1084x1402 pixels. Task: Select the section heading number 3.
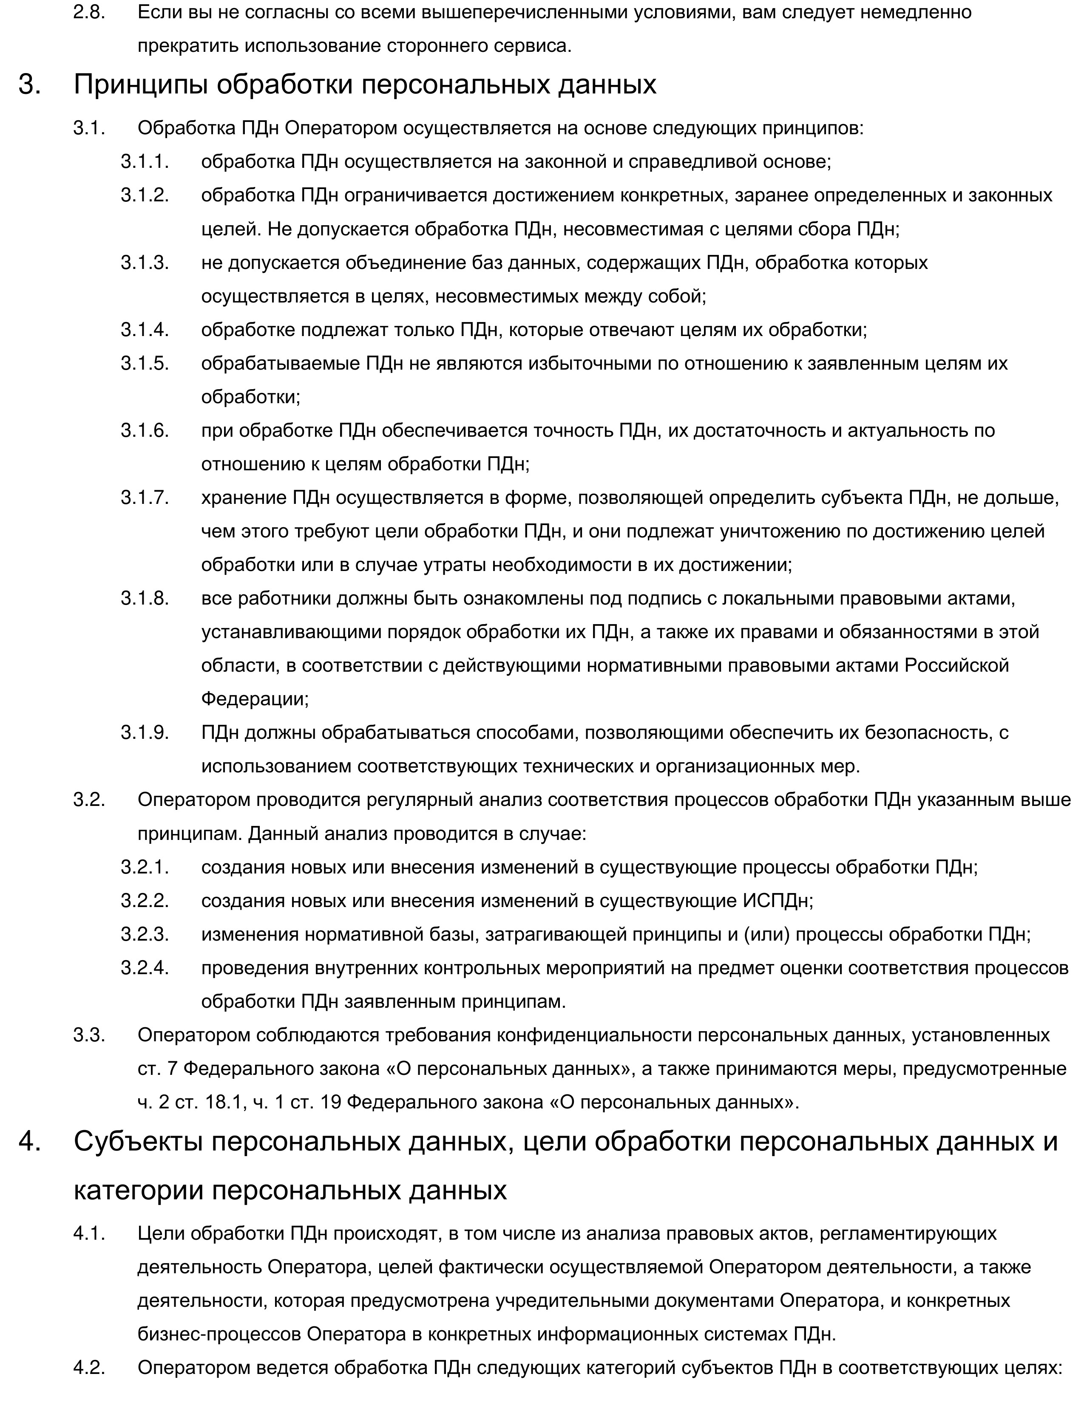(29, 85)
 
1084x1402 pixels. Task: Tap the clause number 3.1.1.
(145, 161)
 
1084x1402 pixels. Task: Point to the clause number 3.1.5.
(145, 363)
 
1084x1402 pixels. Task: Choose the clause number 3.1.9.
(145, 732)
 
